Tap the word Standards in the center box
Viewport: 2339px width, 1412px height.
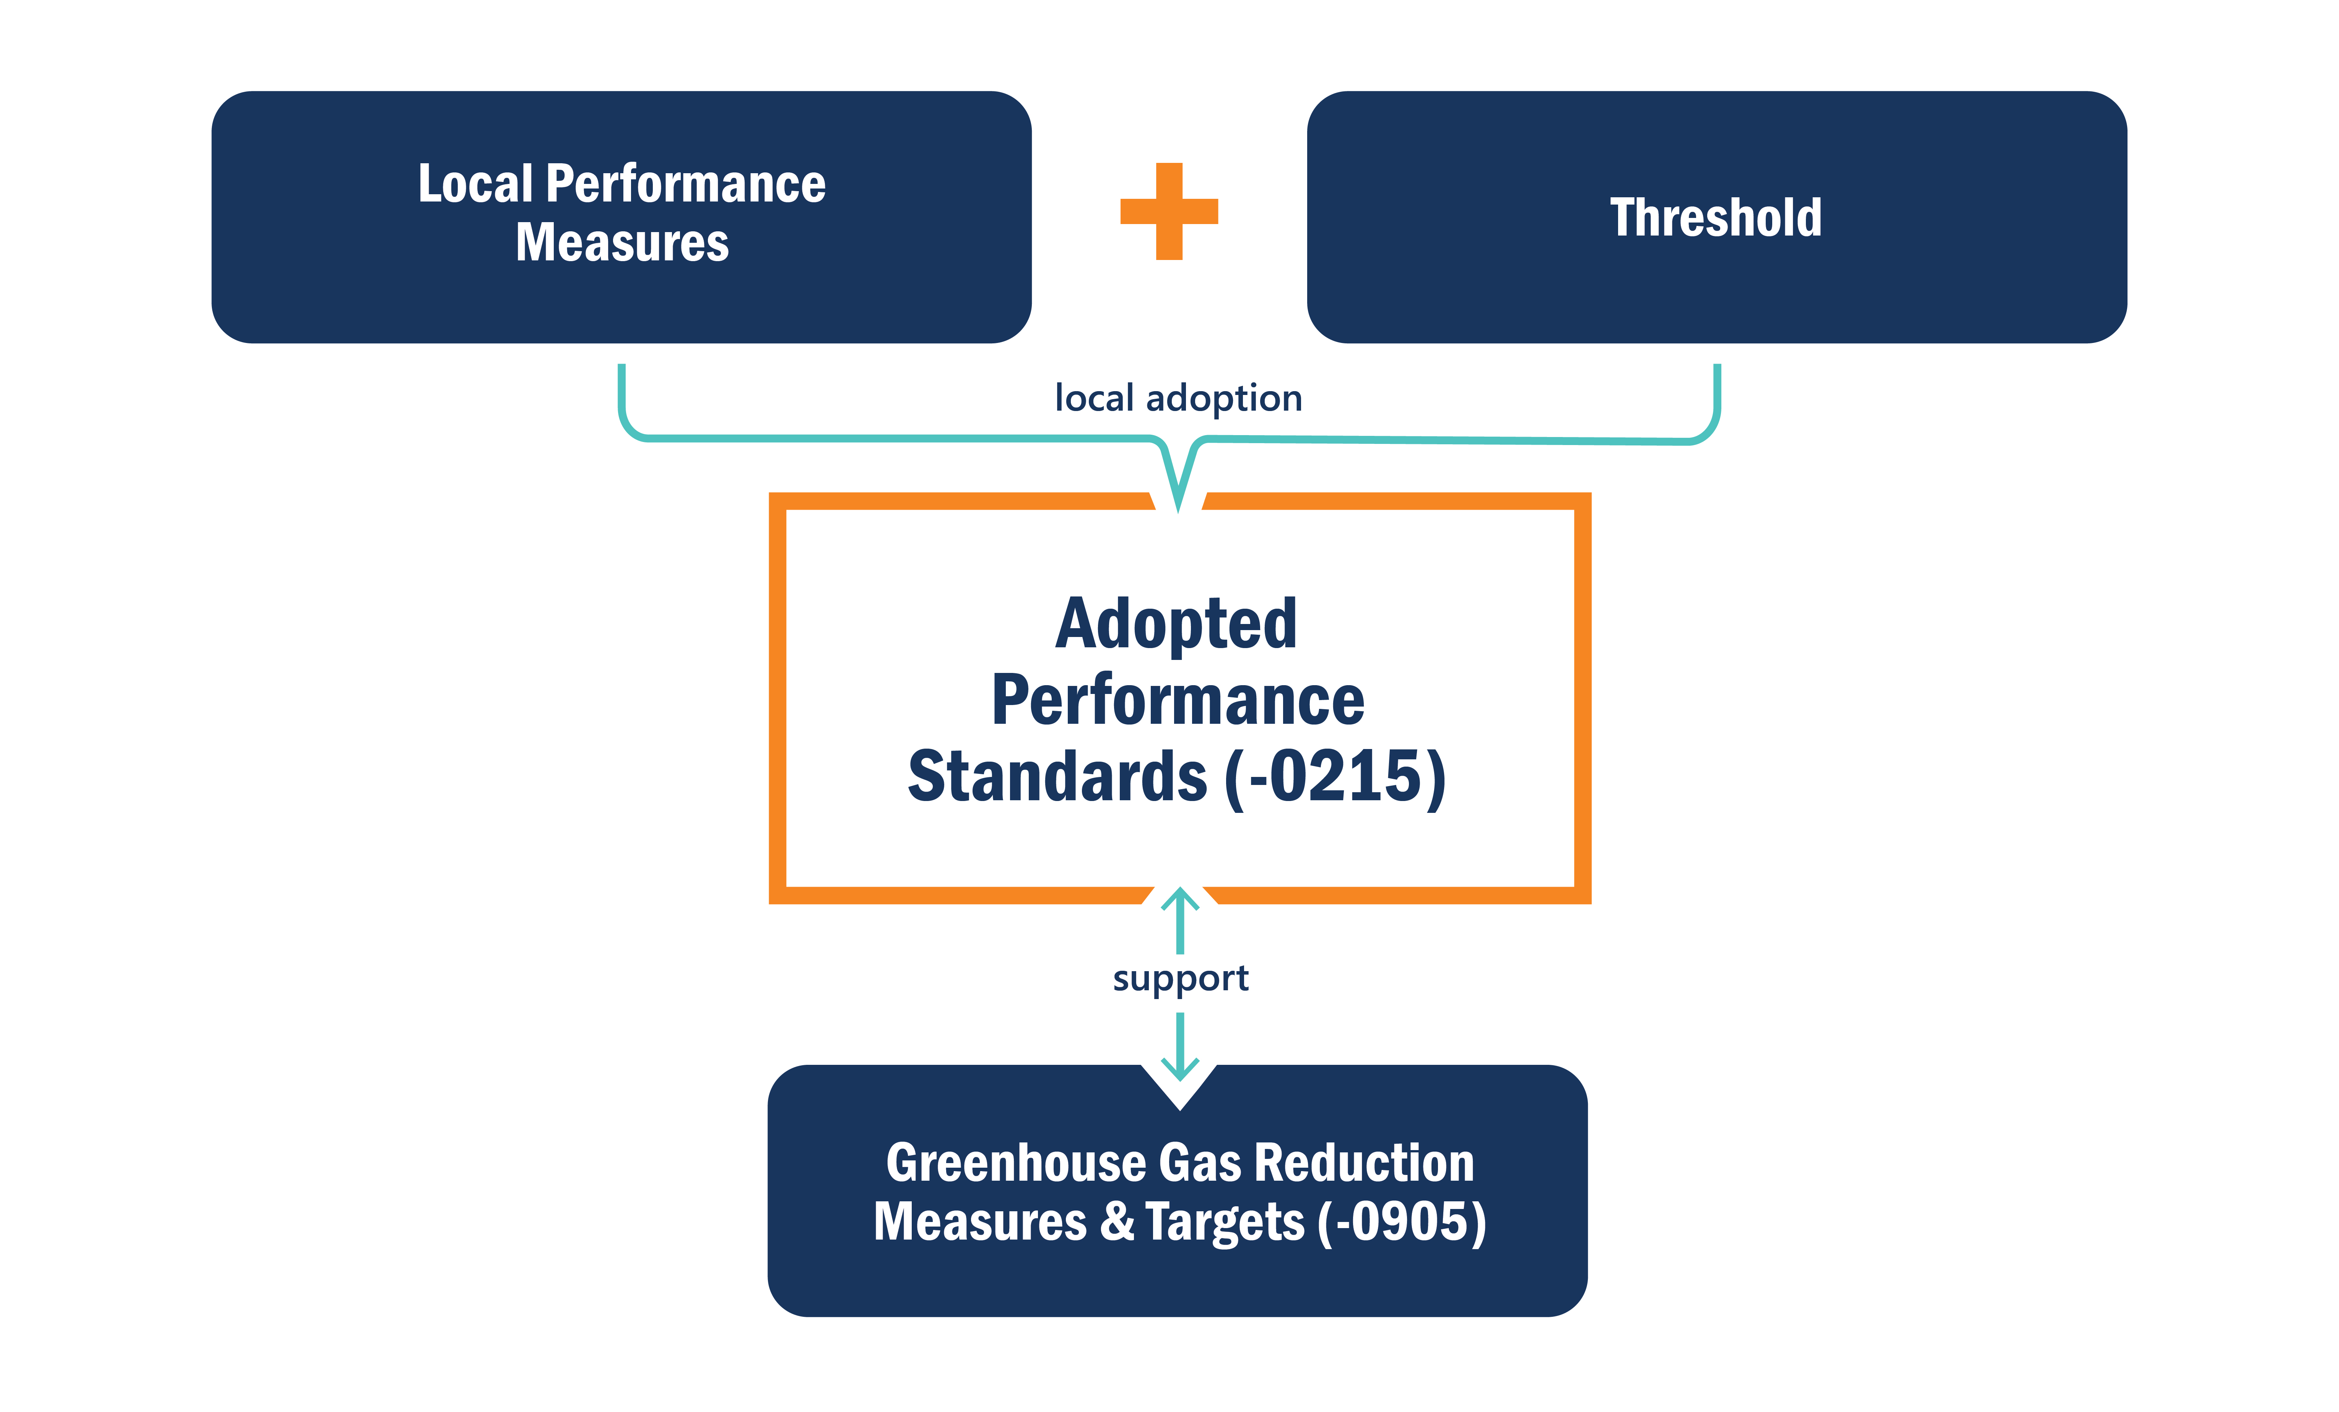[1057, 775]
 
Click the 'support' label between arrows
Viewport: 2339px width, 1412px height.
[1180, 978]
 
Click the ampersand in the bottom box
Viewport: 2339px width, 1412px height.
[1117, 1221]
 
